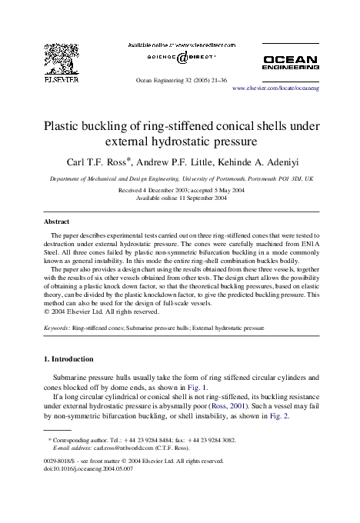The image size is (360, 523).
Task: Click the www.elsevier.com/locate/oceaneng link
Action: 275,90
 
